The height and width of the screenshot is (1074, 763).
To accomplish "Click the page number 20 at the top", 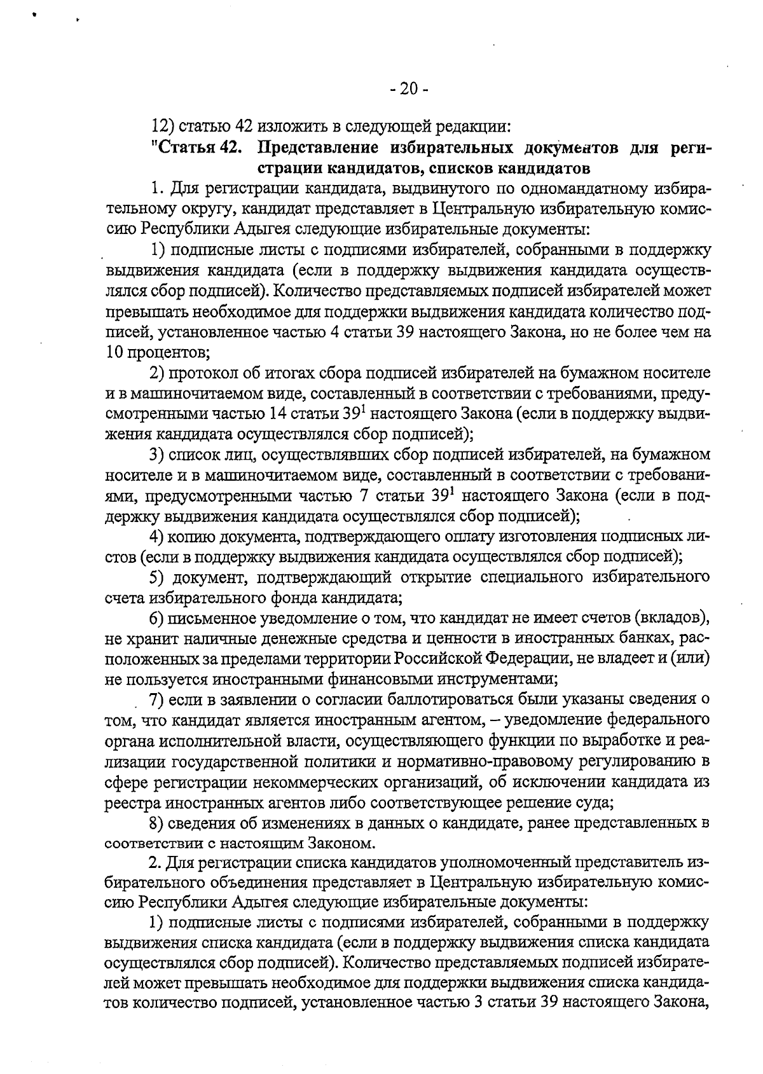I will pyautogui.click(x=409, y=89).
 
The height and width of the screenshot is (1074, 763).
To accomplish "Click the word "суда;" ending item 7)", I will pyautogui.click(x=595, y=802).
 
